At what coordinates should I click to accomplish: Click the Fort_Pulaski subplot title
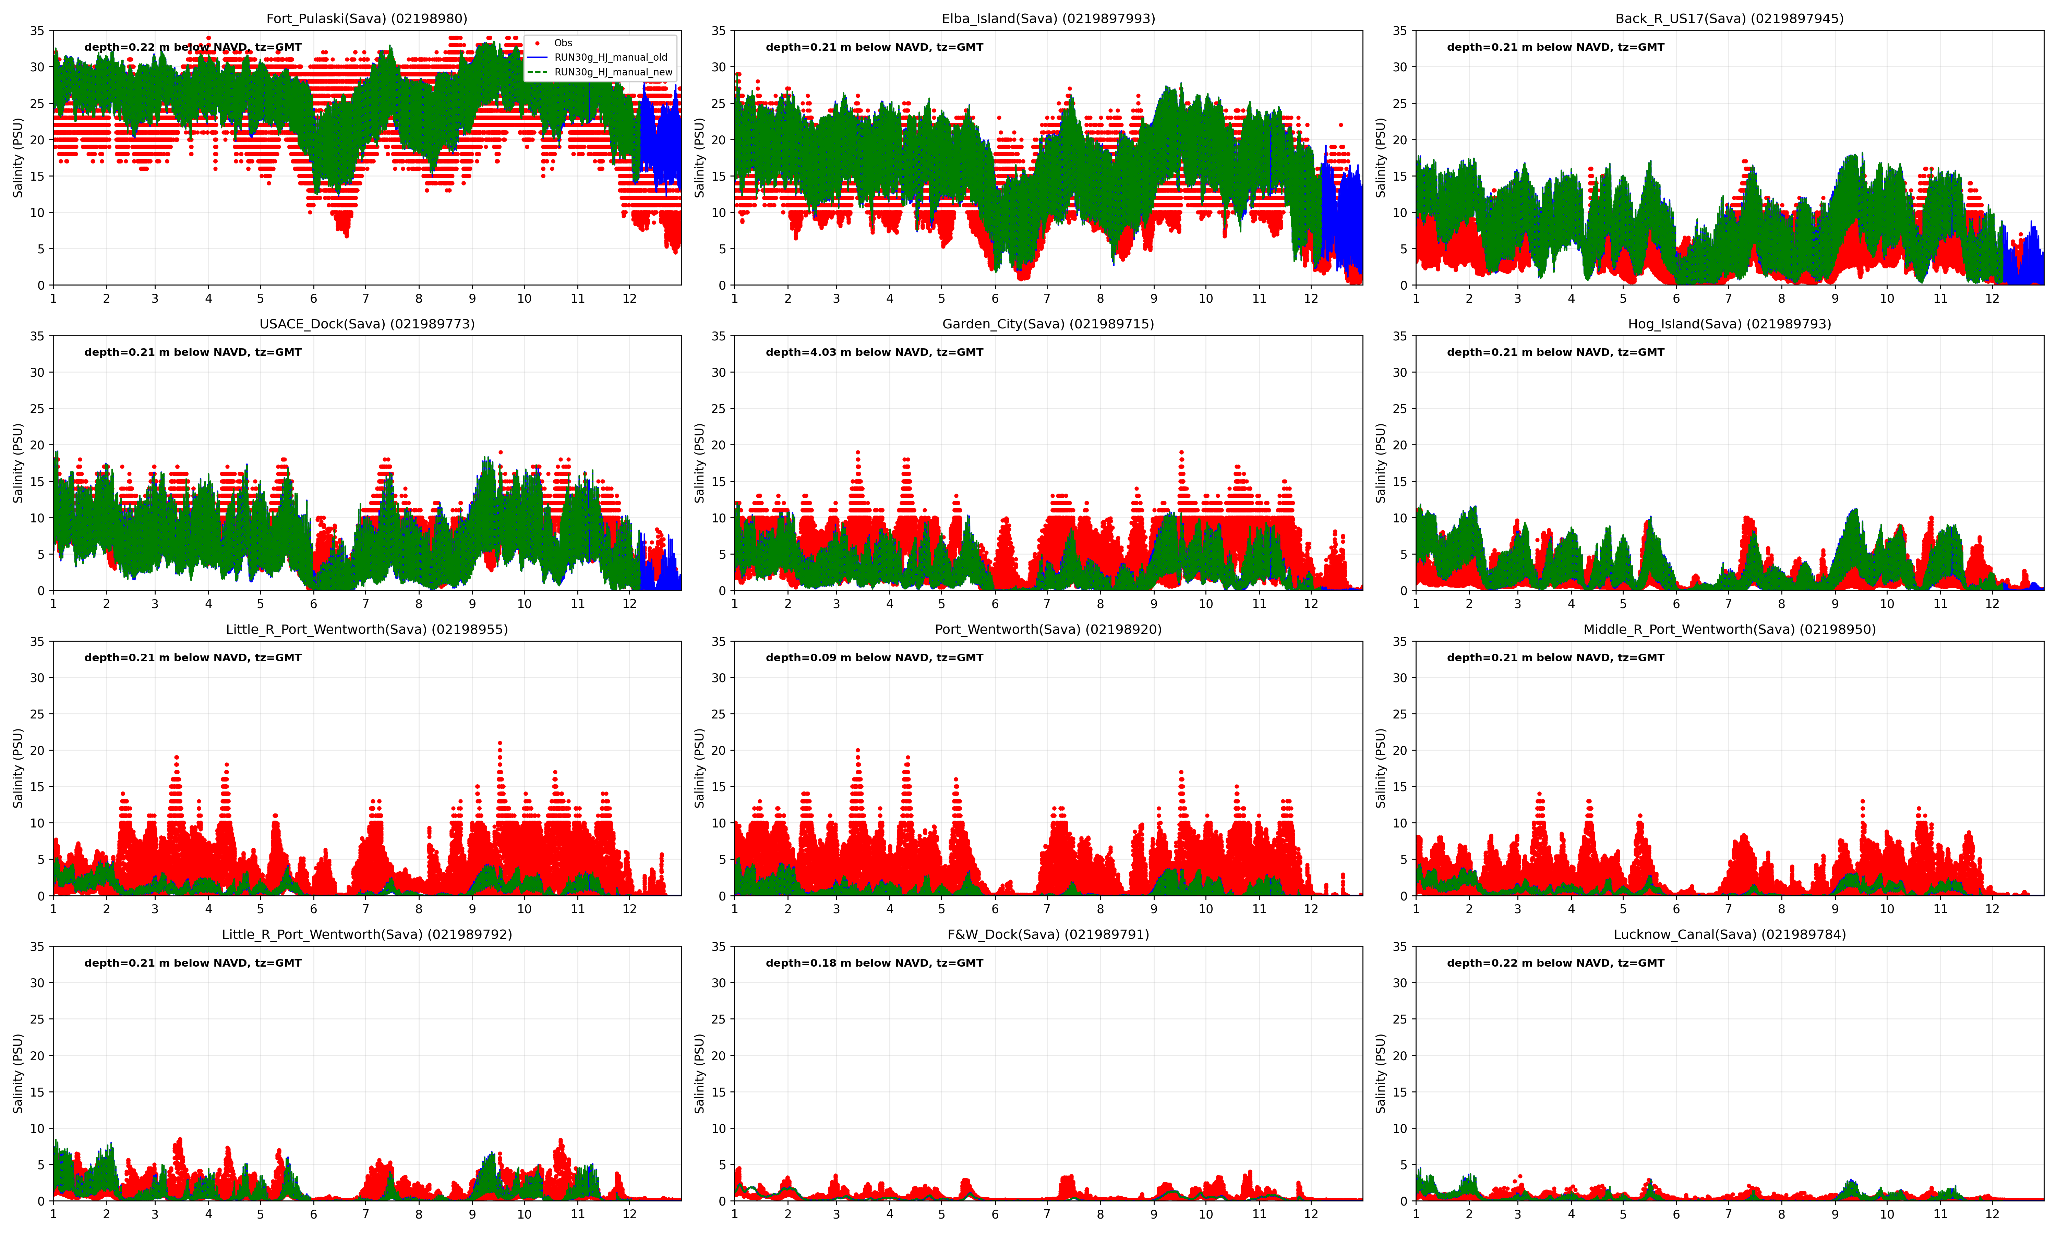[x=367, y=18]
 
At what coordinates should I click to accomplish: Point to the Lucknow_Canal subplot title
[x=1729, y=934]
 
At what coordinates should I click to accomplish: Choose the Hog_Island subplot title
[x=1729, y=324]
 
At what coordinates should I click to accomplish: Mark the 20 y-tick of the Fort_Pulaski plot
[x=37, y=140]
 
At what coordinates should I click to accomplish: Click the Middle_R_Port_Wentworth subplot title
[x=1729, y=629]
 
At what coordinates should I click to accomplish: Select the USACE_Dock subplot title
[x=367, y=324]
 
